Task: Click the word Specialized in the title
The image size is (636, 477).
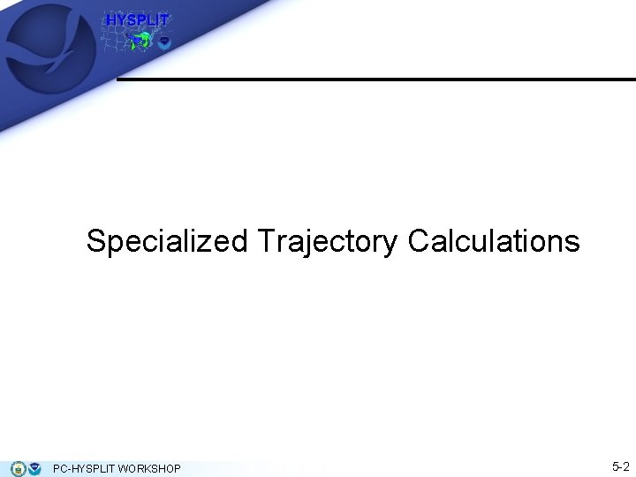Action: pyautogui.click(x=167, y=241)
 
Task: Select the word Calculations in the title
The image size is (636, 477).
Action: pyautogui.click(x=494, y=241)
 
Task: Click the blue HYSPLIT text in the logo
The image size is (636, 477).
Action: pyautogui.click(x=137, y=20)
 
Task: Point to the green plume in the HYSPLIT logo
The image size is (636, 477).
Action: pyautogui.click(x=141, y=40)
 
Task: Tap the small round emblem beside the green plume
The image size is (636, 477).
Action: pyautogui.click(x=163, y=42)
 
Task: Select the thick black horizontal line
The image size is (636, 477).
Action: pyautogui.click(x=375, y=79)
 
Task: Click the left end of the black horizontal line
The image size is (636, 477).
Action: pyautogui.click(x=120, y=79)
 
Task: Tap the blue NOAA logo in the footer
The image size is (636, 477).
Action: pyautogui.click(x=34, y=468)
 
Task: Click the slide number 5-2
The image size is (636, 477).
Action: pyautogui.click(x=620, y=466)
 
